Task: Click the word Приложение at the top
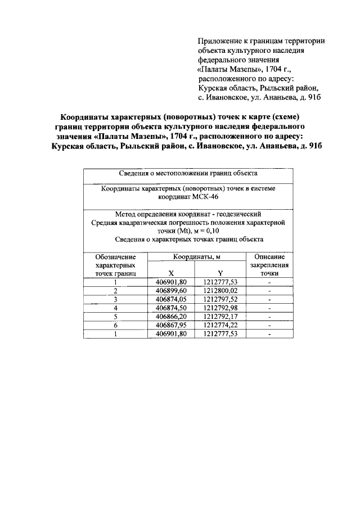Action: [219, 41]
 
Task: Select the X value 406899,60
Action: [170, 291]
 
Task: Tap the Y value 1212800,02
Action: [220, 291]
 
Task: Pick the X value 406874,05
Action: [170, 299]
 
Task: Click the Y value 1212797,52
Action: [220, 299]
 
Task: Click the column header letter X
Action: [170, 273]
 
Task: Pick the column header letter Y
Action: [220, 273]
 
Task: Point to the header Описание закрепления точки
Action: [269, 264]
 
